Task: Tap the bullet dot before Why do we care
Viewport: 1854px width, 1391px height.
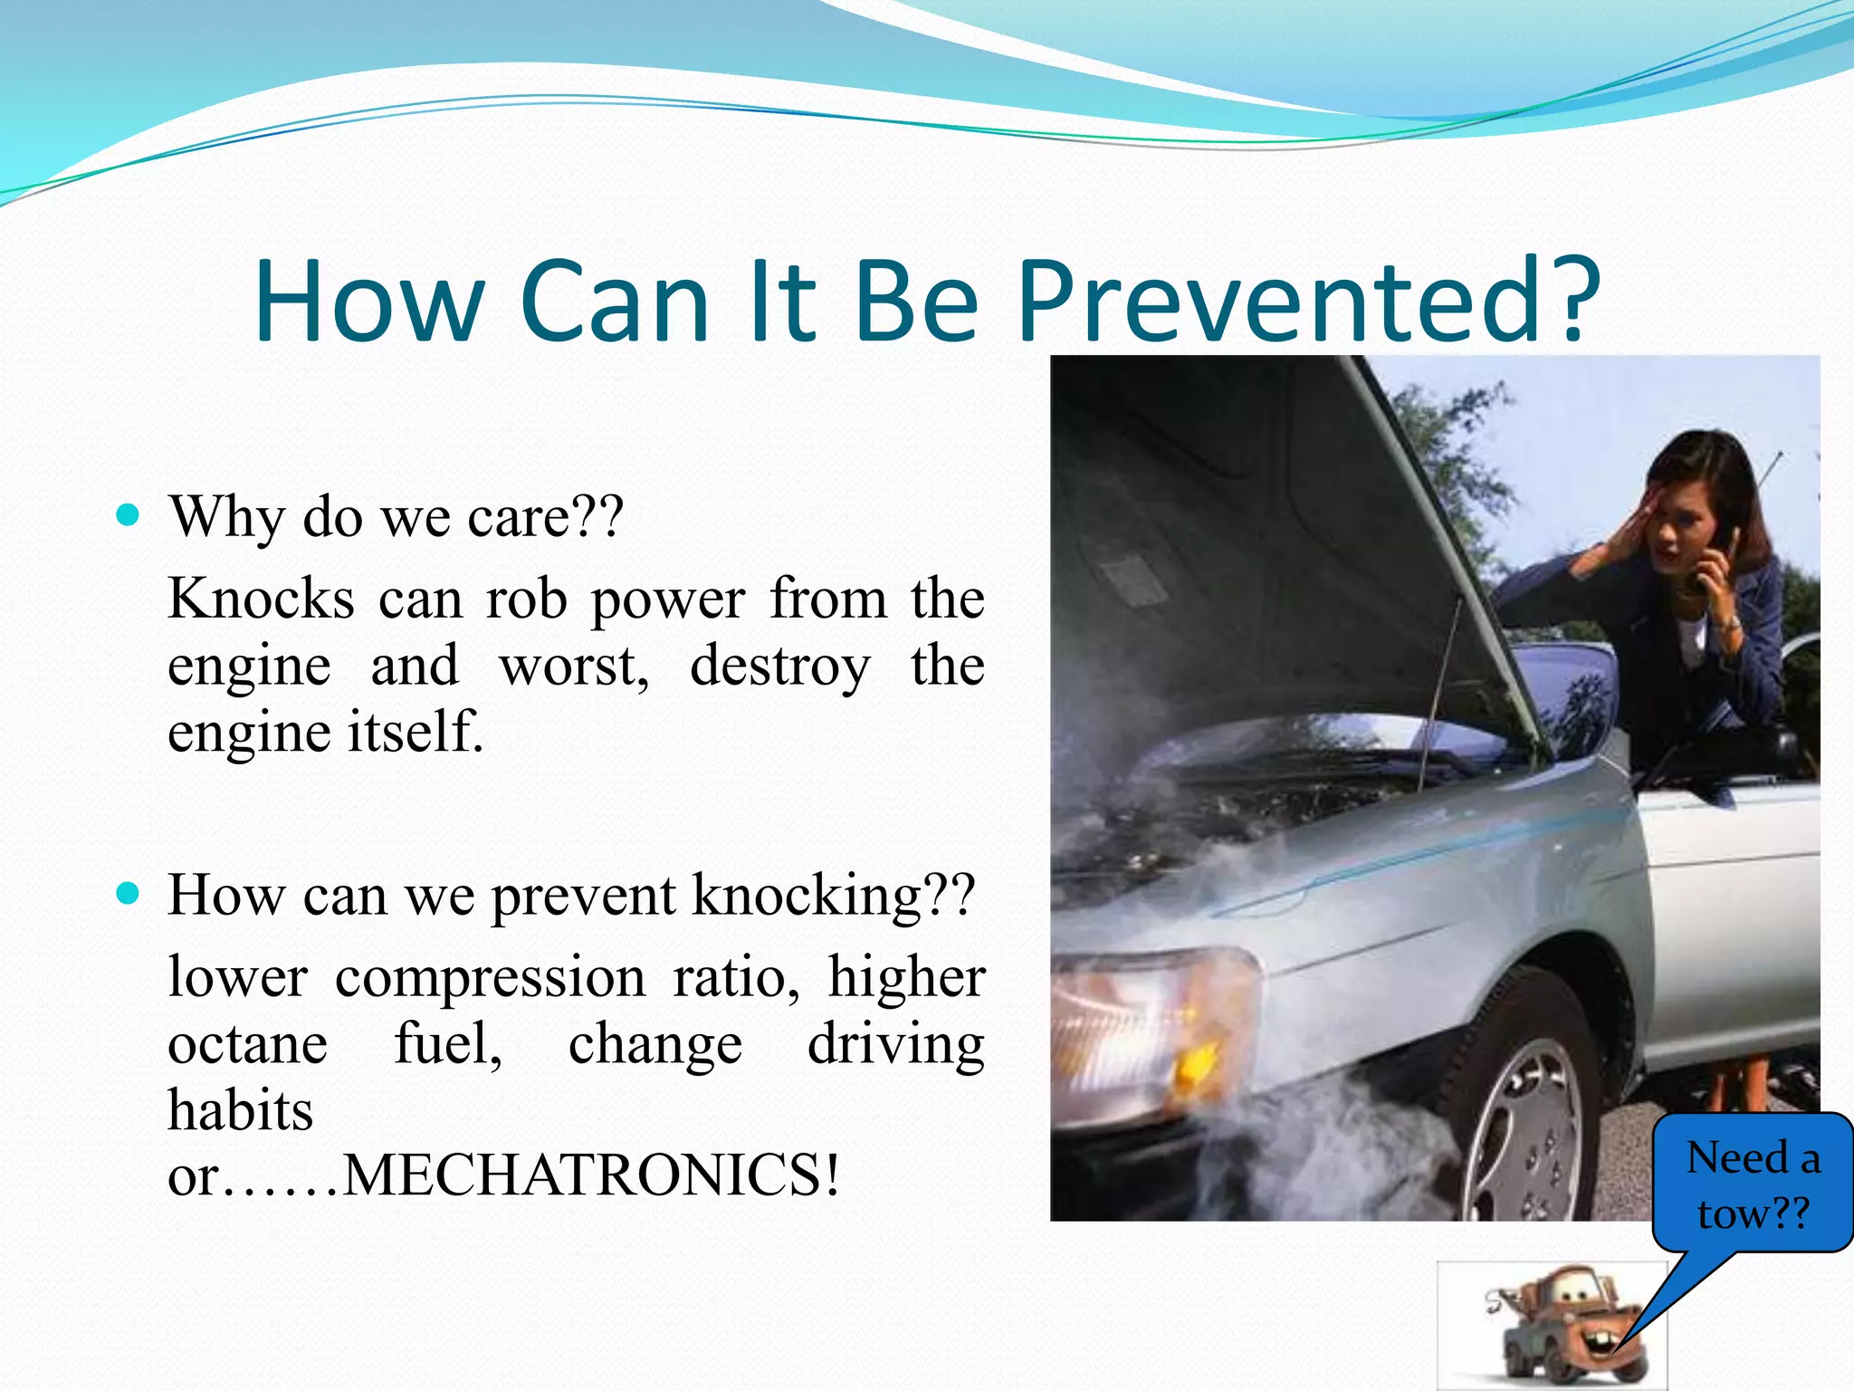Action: click(129, 515)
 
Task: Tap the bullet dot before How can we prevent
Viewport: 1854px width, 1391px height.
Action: click(129, 894)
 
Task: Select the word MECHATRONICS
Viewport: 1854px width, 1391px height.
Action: click(590, 1175)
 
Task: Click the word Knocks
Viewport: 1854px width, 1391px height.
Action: click(261, 600)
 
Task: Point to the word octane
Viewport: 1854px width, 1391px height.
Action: click(247, 1044)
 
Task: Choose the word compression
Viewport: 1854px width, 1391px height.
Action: click(490, 978)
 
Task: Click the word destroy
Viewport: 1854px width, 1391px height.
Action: click(779, 666)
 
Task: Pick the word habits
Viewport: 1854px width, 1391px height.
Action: click(240, 1110)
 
